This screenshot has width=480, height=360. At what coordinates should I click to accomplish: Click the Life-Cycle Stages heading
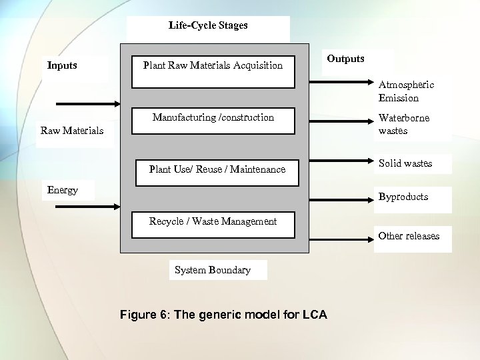click(207, 26)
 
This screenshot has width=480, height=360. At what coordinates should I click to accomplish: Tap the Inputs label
click(62, 65)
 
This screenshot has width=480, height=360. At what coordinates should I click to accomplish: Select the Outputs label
click(345, 59)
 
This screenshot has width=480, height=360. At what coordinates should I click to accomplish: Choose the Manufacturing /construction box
click(213, 120)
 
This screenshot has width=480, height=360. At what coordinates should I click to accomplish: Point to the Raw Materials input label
click(72, 131)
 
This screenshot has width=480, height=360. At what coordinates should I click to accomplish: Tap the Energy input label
click(63, 190)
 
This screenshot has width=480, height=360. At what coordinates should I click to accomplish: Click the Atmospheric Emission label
click(406, 91)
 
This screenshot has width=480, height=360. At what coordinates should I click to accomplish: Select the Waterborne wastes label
click(404, 125)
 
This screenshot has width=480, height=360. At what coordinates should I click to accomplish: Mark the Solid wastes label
click(405, 163)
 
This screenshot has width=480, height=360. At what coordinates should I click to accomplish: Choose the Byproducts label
click(403, 197)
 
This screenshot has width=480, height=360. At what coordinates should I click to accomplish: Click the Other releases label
click(409, 236)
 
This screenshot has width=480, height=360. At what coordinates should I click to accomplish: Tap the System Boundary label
click(213, 270)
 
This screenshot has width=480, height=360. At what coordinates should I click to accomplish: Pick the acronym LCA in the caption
click(314, 315)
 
